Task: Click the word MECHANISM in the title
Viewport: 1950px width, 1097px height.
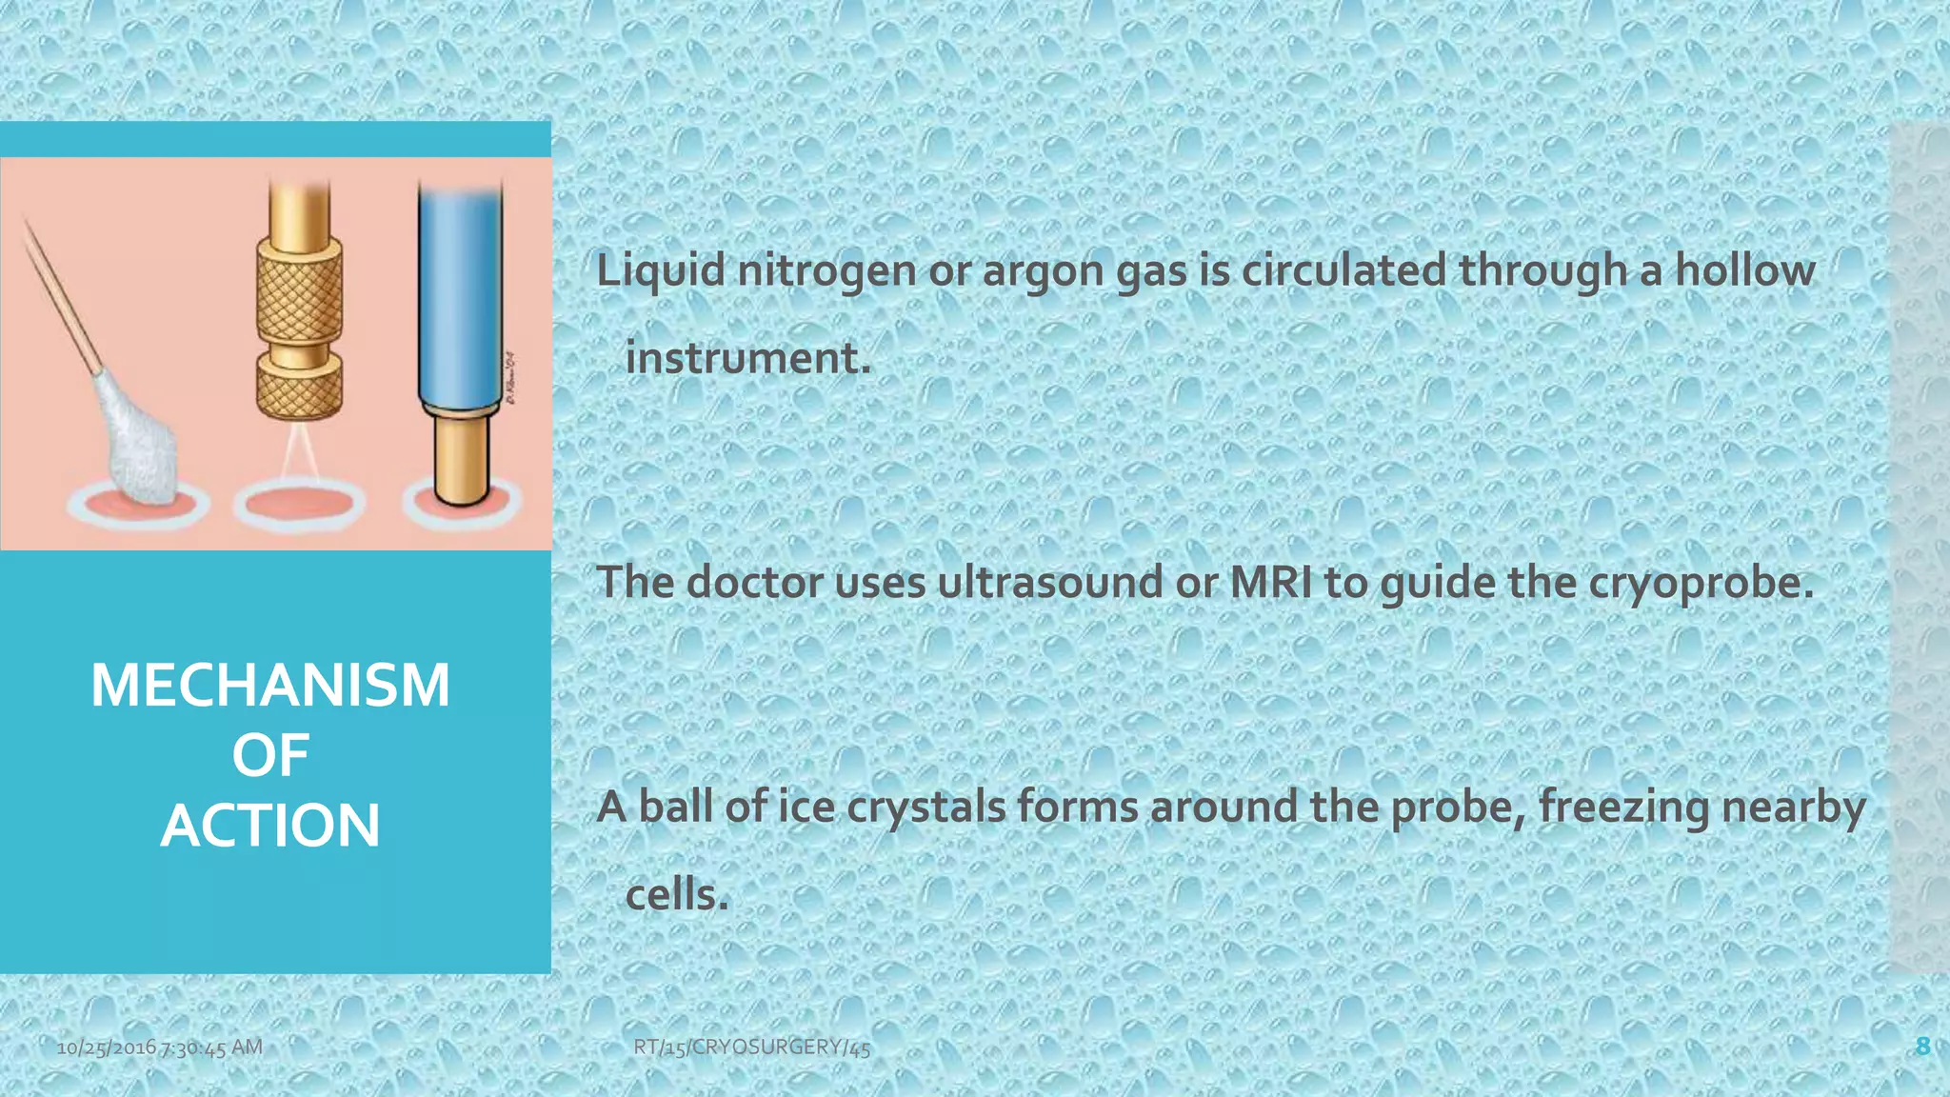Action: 270,686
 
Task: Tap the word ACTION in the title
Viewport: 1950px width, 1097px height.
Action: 270,825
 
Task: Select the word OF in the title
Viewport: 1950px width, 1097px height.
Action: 270,756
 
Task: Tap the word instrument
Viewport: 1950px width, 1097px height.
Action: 746,359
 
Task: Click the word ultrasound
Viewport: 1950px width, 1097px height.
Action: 1049,583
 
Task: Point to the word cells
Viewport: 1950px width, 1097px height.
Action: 676,895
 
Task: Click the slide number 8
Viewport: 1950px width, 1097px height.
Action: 1922,1047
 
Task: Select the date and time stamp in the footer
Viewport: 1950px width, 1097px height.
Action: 159,1047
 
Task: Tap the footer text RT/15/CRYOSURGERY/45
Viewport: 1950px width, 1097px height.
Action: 751,1047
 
